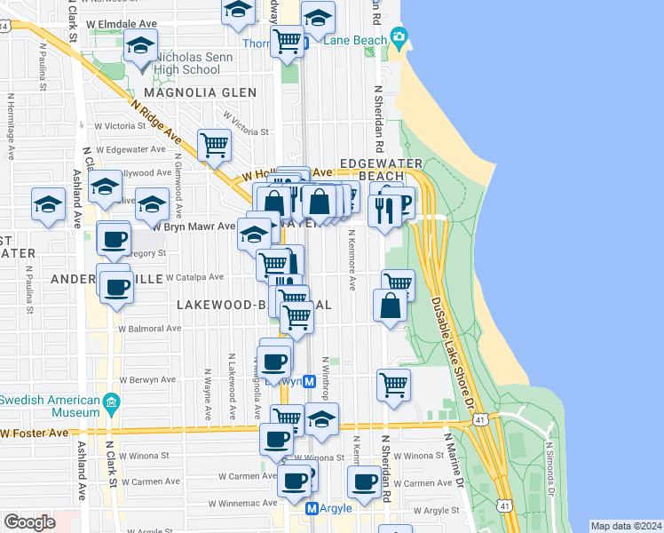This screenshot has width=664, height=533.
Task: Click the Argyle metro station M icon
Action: [x=312, y=508]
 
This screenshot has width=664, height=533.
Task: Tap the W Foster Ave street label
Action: [x=36, y=434]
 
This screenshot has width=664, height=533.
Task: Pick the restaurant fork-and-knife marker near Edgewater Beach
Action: [x=383, y=210]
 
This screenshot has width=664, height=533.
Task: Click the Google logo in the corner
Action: [x=28, y=521]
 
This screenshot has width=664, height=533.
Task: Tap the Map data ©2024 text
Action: [x=626, y=526]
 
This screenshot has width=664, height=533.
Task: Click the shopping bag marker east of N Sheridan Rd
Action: [x=391, y=306]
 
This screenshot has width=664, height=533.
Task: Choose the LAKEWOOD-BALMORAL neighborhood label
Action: [x=254, y=305]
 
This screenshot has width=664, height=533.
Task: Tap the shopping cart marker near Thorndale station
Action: [x=287, y=40]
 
